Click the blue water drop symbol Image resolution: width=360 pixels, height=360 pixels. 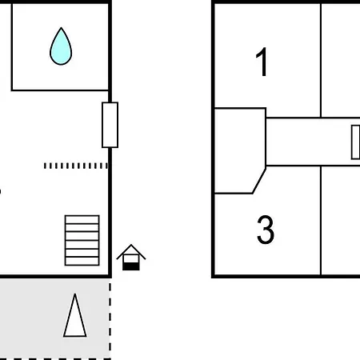click(61, 47)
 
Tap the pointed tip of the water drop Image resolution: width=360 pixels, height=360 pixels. click(61, 27)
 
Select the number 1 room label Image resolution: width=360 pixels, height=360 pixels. click(262, 62)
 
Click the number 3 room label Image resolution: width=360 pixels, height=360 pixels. click(266, 230)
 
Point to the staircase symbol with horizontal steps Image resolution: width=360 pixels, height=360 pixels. click(82, 240)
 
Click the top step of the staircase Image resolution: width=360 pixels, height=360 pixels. click(82, 219)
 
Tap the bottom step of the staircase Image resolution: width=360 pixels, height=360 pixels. click(82, 262)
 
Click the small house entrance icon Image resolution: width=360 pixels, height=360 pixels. click(131, 258)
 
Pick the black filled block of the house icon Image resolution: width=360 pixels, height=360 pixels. click(131, 266)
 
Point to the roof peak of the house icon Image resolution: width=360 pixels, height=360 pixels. click(131, 245)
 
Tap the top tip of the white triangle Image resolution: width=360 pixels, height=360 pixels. click(75, 294)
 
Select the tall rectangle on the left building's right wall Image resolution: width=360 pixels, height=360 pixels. click(110, 125)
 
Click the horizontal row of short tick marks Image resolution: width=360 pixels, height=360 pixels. click(76, 166)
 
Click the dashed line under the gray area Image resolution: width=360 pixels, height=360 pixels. click(55, 359)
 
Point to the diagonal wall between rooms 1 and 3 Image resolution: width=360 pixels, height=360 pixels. click(259, 181)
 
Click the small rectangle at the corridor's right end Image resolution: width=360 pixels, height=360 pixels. click(356, 142)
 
